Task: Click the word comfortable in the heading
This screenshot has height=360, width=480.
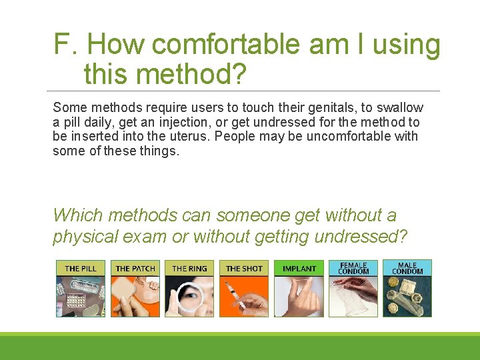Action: point(227,45)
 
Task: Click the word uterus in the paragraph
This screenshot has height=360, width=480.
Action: point(190,137)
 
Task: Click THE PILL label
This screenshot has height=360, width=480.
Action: point(80,269)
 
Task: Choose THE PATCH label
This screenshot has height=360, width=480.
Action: point(135,269)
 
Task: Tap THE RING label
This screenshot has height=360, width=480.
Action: point(189,269)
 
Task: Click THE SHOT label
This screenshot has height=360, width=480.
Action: point(244,269)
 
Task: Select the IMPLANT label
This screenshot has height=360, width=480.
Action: point(299,269)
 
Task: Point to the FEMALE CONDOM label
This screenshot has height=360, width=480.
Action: point(353,268)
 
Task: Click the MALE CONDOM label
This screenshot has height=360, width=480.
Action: point(407,268)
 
